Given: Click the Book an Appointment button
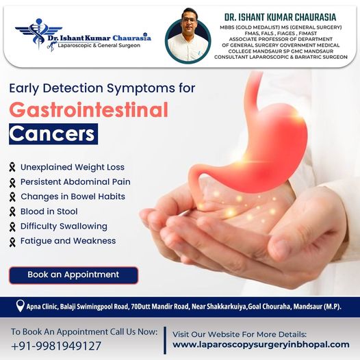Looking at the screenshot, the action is (73, 275).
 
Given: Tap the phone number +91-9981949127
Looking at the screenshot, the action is (56, 346).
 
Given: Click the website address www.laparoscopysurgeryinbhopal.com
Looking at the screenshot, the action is (261, 345).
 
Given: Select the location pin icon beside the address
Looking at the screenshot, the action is (20, 306).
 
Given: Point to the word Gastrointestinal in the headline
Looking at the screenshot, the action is (88, 110).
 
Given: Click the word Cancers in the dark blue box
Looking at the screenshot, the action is (52, 134).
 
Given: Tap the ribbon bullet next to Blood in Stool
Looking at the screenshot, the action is (12, 211).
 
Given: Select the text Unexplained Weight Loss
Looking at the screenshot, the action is (73, 167).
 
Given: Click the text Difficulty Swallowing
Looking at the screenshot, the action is (64, 227).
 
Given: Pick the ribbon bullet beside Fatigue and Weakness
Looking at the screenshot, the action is (12, 242).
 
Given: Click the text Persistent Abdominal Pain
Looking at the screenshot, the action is (75, 182).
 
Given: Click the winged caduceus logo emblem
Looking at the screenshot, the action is (38, 34).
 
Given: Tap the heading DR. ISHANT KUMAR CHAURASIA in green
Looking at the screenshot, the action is (280, 17).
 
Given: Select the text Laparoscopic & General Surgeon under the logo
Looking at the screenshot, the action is (99, 45).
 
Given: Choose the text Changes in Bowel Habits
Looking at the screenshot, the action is (73, 196).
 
